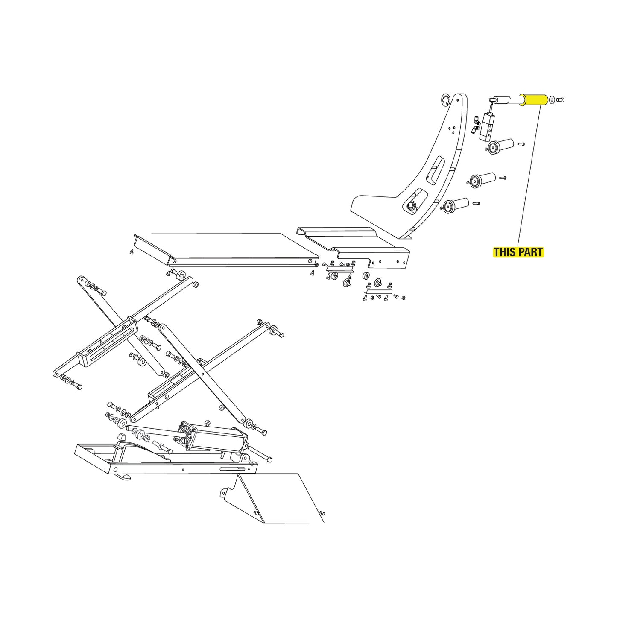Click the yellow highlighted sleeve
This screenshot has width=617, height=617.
pos(535,100)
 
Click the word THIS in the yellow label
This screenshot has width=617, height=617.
pos(504,252)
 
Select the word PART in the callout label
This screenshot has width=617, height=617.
pos(530,252)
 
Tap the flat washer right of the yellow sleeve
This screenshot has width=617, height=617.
pos(553,100)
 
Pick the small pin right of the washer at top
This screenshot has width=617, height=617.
pos(561,100)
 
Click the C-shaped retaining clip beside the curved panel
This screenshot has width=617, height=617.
pos(445,99)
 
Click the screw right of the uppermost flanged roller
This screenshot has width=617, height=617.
pos(521,144)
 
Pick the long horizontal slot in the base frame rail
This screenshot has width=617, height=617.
pos(233,469)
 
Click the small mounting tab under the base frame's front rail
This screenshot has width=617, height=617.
pos(124,477)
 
